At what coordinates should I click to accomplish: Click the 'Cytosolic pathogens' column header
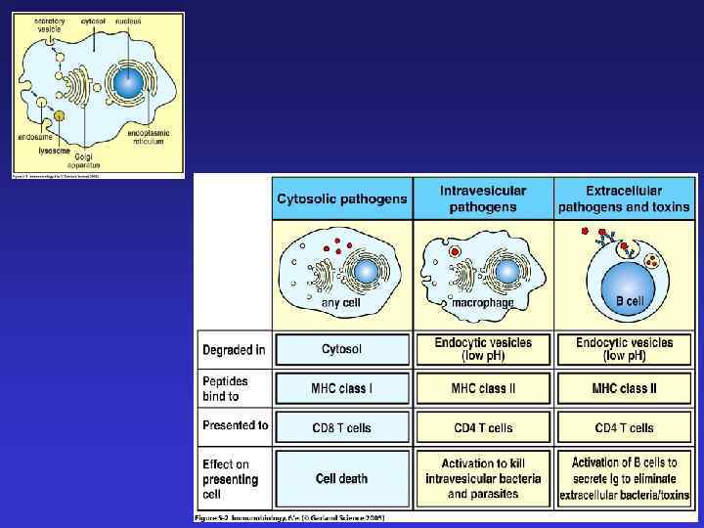click(x=342, y=198)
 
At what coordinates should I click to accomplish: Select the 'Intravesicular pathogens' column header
click(x=483, y=198)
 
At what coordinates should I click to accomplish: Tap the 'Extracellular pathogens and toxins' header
click(x=624, y=198)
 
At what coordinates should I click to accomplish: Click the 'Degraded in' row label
click(x=235, y=349)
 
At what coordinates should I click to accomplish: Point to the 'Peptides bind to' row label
click(x=227, y=388)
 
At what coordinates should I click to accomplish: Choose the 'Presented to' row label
click(x=236, y=426)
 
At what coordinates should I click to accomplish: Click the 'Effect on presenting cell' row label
click(x=231, y=479)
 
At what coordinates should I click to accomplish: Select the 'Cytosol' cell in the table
click(x=342, y=349)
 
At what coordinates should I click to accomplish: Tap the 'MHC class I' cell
click(x=342, y=388)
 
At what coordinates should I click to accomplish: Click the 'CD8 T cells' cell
click(x=342, y=427)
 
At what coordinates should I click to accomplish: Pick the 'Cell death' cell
click(x=342, y=478)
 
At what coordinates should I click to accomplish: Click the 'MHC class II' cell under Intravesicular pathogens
click(x=483, y=388)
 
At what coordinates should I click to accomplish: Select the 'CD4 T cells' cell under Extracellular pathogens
click(x=624, y=427)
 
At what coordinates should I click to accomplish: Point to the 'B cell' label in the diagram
click(x=630, y=302)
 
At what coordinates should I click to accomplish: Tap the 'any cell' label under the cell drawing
click(x=345, y=304)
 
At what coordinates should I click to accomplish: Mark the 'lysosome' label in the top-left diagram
click(x=53, y=152)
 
